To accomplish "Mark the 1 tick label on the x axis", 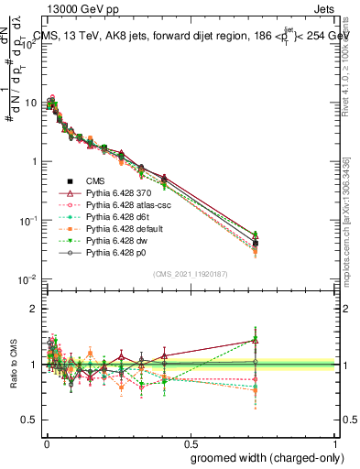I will click(337, 442).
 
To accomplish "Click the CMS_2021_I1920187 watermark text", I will click(190, 274).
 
